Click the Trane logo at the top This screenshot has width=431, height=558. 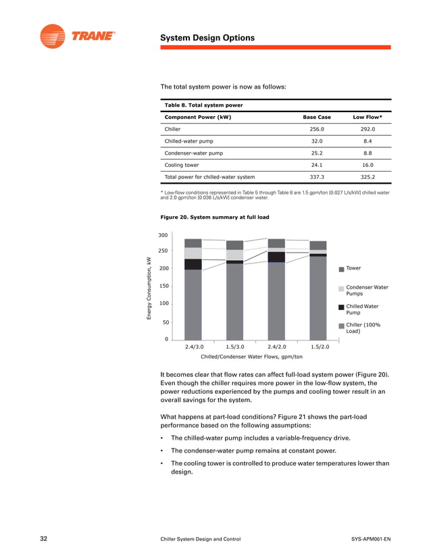(x=77, y=36)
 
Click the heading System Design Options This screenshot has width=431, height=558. (x=207, y=38)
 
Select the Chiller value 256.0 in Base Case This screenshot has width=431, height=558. (x=317, y=128)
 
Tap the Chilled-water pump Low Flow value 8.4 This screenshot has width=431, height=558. (x=367, y=141)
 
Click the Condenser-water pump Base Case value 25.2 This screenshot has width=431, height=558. (x=317, y=153)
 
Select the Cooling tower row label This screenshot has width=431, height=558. (x=182, y=165)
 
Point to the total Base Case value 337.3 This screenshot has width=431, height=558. (x=317, y=177)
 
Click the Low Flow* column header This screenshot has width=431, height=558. (x=367, y=117)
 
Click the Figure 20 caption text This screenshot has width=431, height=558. (x=214, y=218)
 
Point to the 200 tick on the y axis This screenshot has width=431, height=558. (x=163, y=269)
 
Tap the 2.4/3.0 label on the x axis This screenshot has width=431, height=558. (x=193, y=347)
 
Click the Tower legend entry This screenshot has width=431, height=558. (x=354, y=269)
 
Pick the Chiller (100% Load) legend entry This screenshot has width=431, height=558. (x=363, y=328)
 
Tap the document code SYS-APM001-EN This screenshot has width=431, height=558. (x=371, y=539)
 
